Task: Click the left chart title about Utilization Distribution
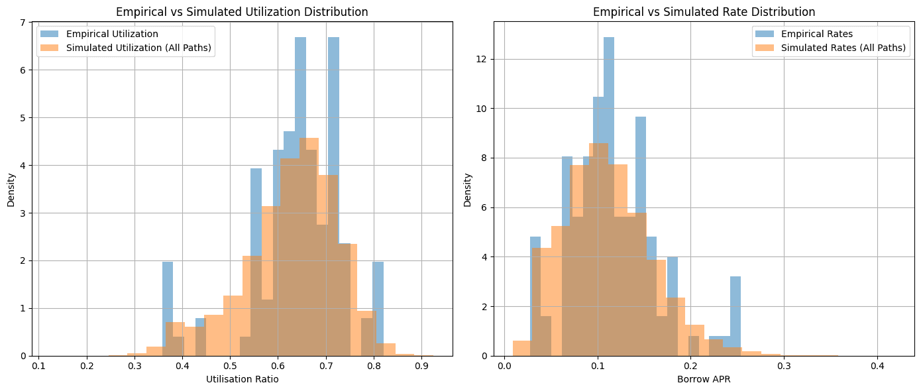(242, 12)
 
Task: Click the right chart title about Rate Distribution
(704, 12)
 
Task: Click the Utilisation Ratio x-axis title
(242, 379)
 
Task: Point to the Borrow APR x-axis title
(704, 379)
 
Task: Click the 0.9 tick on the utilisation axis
(421, 365)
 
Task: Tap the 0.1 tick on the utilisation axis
(39, 365)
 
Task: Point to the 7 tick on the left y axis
(23, 23)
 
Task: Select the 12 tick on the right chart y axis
(483, 59)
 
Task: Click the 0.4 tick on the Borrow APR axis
(877, 365)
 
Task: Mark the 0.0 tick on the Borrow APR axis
(504, 365)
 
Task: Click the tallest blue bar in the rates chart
(609, 133)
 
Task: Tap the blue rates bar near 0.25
(735, 311)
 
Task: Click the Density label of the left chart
(11, 190)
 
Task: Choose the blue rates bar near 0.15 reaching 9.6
(641, 166)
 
